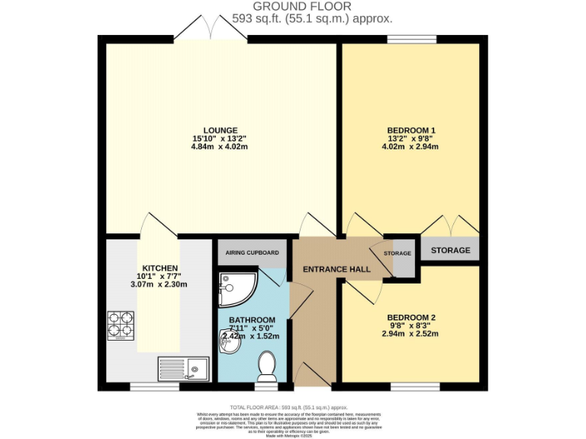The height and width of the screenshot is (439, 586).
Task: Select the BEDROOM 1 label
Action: pyautogui.click(x=411, y=130)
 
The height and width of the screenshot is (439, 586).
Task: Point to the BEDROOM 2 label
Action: pyautogui.click(x=411, y=317)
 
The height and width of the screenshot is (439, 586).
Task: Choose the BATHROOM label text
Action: pyautogui.click(x=252, y=319)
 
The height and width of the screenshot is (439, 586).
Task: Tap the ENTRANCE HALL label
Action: pyautogui.click(x=336, y=269)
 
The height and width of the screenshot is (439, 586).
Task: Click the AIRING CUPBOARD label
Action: pyautogui.click(x=252, y=252)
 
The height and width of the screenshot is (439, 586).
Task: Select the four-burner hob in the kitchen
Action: pyautogui.click(x=121, y=325)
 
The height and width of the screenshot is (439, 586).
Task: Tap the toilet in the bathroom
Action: pyautogui.click(x=267, y=366)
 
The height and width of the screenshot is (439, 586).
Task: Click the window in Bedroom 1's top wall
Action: pyautogui.click(x=411, y=39)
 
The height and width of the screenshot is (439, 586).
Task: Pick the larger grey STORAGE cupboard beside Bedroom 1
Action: pyautogui.click(x=450, y=250)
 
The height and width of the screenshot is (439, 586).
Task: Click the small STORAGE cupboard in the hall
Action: pyautogui.click(x=398, y=254)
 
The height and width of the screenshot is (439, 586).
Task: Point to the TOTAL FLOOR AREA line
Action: pyautogui.click(x=293, y=408)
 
